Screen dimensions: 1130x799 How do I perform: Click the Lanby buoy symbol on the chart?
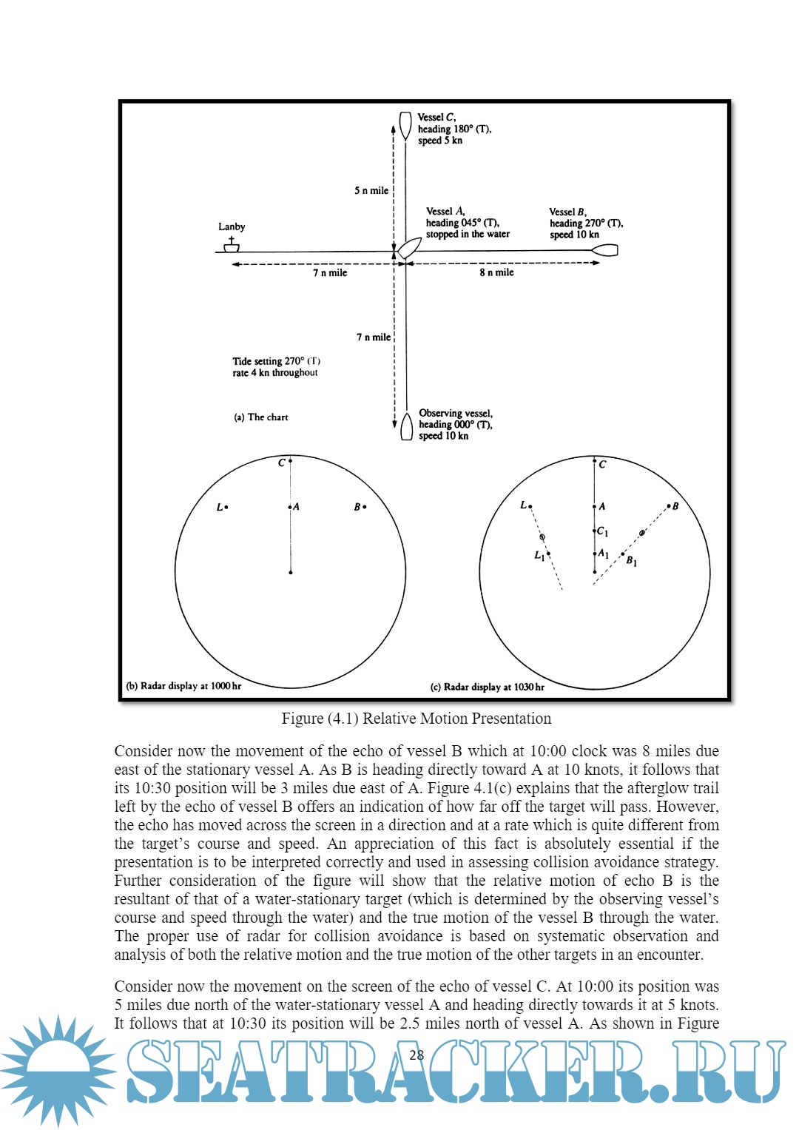click(x=232, y=245)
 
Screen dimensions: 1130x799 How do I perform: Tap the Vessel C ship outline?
click(x=405, y=125)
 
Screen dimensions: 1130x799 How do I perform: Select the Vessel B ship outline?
click(x=604, y=251)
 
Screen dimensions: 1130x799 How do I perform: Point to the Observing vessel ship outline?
click(x=406, y=427)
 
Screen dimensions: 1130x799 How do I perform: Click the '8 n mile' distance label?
click(x=496, y=272)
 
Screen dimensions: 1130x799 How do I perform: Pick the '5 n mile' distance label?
click(x=371, y=190)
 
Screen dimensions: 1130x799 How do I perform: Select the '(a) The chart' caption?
click(x=261, y=417)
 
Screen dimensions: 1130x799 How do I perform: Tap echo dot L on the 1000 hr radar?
click(x=226, y=507)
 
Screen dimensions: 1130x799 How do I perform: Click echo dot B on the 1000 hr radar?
click(x=365, y=507)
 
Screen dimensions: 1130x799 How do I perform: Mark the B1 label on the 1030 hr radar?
click(x=631, y=561)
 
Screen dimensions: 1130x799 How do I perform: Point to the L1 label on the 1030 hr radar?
click(x=539, y=555)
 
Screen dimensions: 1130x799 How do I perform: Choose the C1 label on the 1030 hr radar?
click(x=602, y=532)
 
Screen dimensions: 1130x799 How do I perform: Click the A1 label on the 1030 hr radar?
click(x=603, y=554)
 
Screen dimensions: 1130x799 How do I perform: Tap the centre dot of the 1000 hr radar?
click(x=291, y=572)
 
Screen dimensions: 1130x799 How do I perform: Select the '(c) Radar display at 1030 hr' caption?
click(x=487, y=687)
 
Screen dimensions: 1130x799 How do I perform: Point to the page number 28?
click(x=417, y=1055)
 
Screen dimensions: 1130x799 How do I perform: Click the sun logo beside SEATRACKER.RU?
click(x=58, y=1070)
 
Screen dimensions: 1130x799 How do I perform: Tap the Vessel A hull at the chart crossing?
click(x=408, y=248)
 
